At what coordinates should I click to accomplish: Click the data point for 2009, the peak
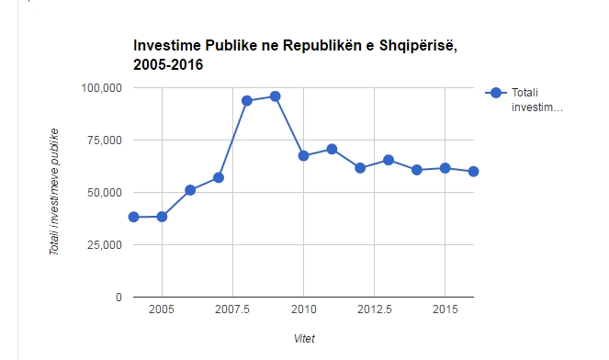(x=276, y=96)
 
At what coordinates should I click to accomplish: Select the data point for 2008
(x=247, y=100)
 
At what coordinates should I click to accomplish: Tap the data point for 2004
(x=134, y=217)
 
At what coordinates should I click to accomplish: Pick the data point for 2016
(x=474, y=171)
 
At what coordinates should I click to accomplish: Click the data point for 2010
(x=304, y=155)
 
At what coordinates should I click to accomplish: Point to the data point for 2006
(x=190, y=190)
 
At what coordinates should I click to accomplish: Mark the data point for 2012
(x=360, y=168)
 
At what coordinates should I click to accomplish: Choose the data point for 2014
(x=417, y=170)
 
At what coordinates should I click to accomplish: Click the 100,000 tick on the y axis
(x=102, y=88)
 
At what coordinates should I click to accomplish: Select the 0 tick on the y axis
(x=118, y=298)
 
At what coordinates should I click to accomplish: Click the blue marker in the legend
(x=496, y=93)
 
